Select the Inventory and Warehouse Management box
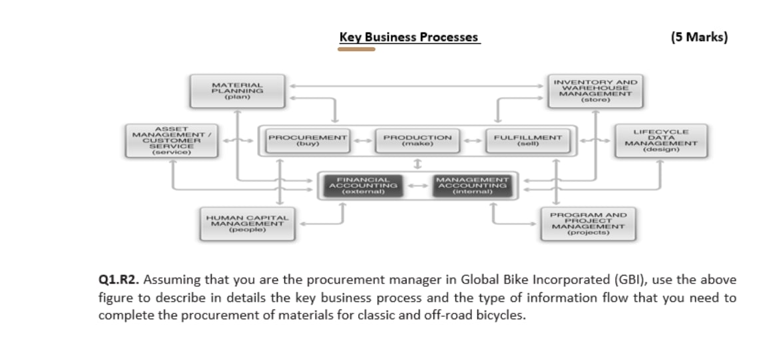pyautogui.click(x=595, y=91)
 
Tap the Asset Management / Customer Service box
pyautogui.click(x=172, y=140)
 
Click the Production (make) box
pyautogui.click(x=417, y=140)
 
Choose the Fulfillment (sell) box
pyautogui.click(x=527, y=140)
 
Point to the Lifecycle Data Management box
pyautogui.click(x=660, y=140)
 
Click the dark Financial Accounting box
pyautogui.click(x=363, y=185)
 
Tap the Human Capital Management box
pyautogui.click(x=247, y=224)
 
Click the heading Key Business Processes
pyautogui.click(x=409, y=37)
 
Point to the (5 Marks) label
pyautogui.click(x=699, y=37)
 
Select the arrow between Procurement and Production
pyautogui.click(x=363, y=140)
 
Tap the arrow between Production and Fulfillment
pyautogui.click(x=471, y=140)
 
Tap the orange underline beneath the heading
pyautogui.click(x=356, y=49)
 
